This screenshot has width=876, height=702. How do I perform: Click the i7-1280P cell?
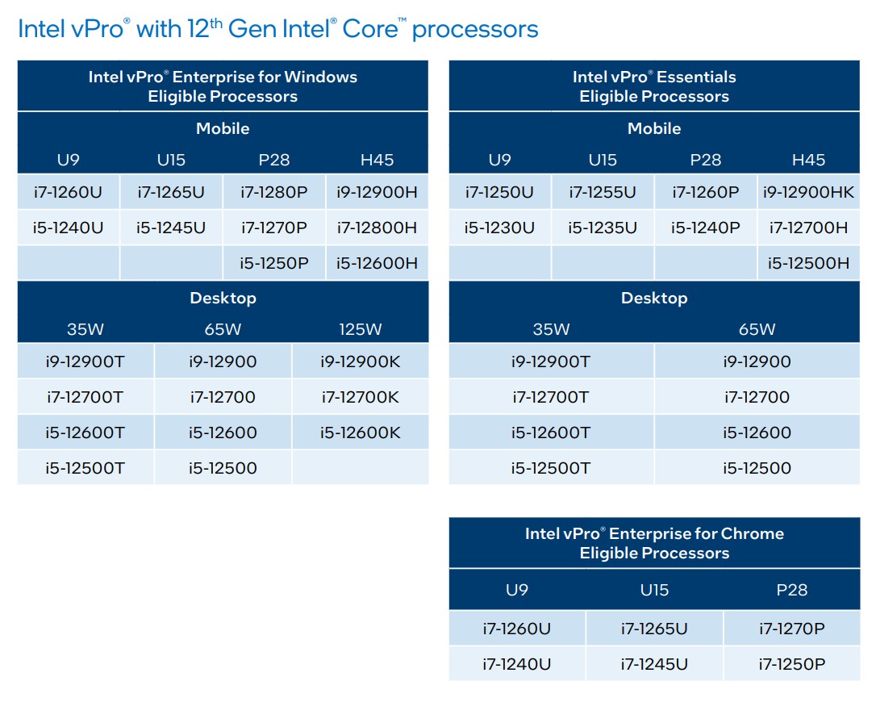[273, 192]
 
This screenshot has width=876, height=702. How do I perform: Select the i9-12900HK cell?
[808, 192]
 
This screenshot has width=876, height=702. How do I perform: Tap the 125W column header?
[360, 329]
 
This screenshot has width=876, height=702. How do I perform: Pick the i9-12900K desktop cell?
[360, 361]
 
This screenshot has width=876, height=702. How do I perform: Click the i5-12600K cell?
[360, 432]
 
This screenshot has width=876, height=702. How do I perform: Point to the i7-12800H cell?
[377, 228]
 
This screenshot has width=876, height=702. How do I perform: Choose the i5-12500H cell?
[808, 263]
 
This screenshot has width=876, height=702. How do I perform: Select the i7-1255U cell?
[602, 192]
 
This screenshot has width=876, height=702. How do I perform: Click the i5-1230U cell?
[499, 228]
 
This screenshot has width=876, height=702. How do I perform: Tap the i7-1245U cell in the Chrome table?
[654, 664]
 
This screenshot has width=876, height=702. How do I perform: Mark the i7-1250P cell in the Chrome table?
[791, 664]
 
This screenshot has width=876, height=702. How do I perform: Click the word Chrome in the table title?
[752, 533]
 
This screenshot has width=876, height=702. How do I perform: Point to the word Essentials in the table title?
[695, 77]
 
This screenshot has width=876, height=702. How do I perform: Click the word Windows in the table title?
[320, 77]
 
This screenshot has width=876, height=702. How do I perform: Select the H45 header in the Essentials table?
[808, 160]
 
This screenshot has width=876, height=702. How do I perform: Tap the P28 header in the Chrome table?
[791, 590]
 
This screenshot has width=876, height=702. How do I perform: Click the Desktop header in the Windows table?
[223, 298]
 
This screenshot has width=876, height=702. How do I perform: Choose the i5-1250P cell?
[273, 263]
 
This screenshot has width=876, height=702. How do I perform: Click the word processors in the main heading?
[475, 30]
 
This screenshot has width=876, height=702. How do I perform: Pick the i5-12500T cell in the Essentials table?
[551, 468]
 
